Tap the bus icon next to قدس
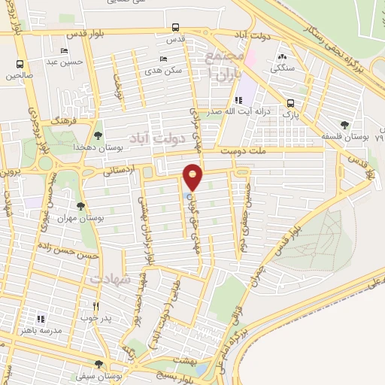coord(175,29)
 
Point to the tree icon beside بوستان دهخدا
coord(99,135)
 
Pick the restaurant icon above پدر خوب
coord(95,306)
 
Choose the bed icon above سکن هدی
coord(164,59)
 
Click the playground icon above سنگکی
coord(282,57)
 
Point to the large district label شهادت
coord(111,279)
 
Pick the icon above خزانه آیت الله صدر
coord(239,99)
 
